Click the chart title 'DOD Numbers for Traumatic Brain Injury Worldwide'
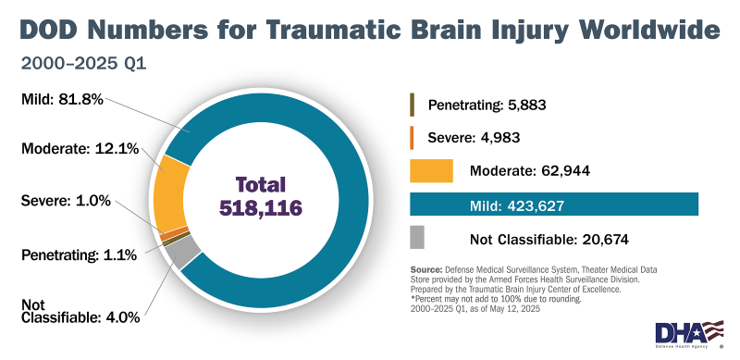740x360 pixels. [369, 29]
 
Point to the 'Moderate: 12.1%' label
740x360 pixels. [78, 148]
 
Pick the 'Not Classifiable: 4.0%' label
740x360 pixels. [80, 309]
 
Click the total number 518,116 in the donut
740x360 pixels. [260, 208]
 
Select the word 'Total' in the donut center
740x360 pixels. [260, 183]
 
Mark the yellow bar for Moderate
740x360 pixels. [431, 170]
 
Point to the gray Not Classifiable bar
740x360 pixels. [416, 239]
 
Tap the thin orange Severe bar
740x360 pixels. [412, 137]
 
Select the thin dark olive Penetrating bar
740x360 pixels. [412, 104]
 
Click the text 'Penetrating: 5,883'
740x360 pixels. [487, 105]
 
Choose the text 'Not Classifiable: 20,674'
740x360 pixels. [549, 240]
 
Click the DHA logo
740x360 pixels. [688, 332]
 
